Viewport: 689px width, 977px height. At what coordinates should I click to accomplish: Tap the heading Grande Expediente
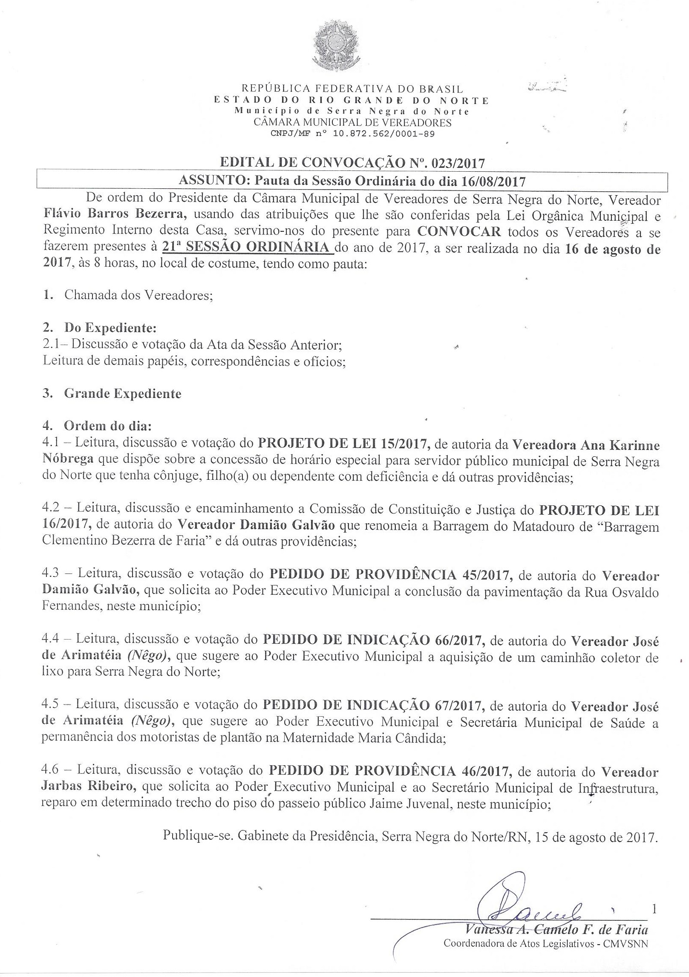click(x=122, y=393)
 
